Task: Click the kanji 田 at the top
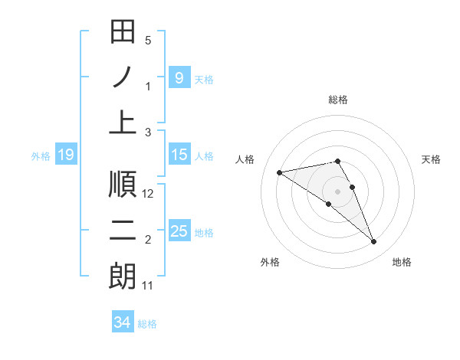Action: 123,33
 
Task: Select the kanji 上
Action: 123,123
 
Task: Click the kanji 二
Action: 123,231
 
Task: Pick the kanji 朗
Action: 123,277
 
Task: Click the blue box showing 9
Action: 179,77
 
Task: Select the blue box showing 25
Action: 179,231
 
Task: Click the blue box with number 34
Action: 122,322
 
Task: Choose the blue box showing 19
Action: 65,155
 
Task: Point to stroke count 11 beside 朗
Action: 148,286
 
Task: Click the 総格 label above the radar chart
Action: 338,100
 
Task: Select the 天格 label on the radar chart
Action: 432,159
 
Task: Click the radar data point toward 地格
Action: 374,242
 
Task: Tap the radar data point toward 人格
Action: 280,172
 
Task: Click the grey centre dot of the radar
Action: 338,191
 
